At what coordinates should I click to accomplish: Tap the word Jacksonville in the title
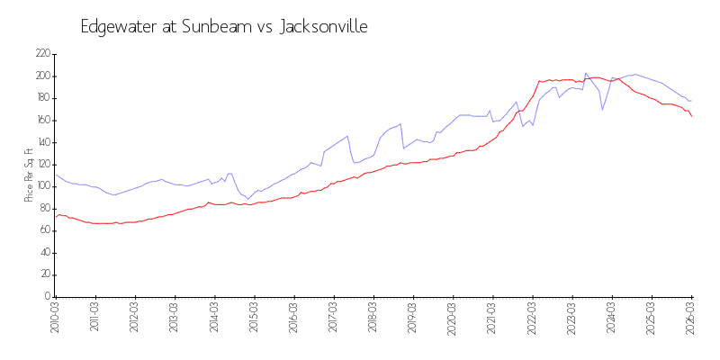click(324, 27)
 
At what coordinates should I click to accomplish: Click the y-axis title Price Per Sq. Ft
click(29, 175)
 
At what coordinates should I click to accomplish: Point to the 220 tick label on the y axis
click(42, 54)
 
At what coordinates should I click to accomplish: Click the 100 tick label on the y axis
click(42, 186)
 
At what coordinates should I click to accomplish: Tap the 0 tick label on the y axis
click(47, 296)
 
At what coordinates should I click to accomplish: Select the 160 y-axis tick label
click(42, 120)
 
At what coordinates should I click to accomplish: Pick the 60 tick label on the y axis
click(44, 230)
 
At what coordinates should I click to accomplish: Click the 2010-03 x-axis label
click(56, 319)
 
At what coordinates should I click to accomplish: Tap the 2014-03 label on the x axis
click(215, 319)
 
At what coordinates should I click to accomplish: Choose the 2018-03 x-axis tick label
click(373, 319)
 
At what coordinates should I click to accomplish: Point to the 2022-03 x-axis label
click(533, 319)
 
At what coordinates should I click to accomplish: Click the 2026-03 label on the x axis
click(691, 319)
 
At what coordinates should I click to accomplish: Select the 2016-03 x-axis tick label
click(294, 319)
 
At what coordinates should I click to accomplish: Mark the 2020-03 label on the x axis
click(454, 319)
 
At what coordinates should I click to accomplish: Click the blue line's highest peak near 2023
click(586, 73)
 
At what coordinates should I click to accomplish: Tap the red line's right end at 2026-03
click(691, 116)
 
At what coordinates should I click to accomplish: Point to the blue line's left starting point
click(56, 175)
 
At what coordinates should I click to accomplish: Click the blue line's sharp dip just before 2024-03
click(602, 110)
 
